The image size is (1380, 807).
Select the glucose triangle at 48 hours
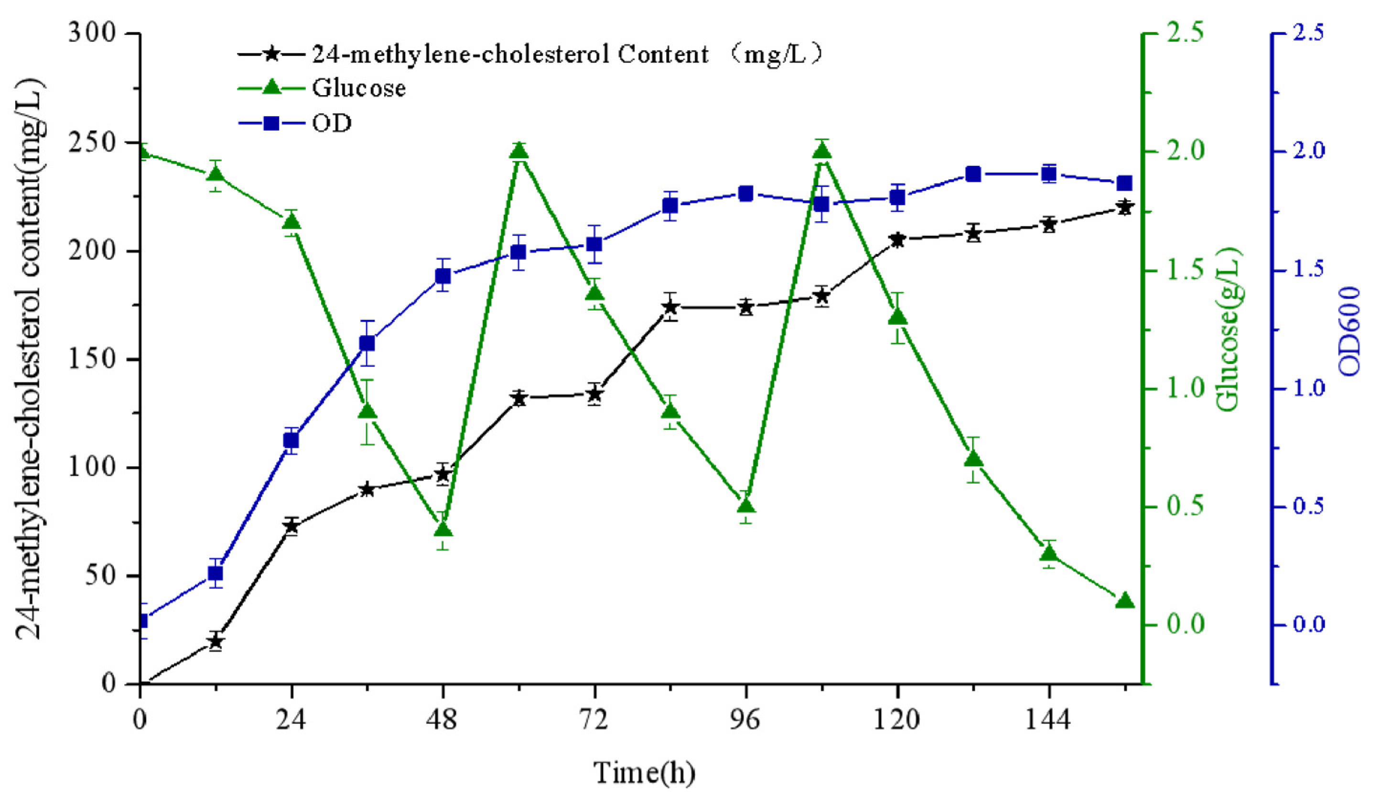(x=443, y=530)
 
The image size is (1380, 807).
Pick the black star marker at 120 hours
(x=897, y=240)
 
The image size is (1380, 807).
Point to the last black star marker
(x=1125, y=207)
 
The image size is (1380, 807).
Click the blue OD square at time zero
(x=142, y=621)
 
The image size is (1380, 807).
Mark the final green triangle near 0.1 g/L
(x=1125, y=601)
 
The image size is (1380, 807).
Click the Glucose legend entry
(x=359, y=88)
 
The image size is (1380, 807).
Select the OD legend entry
(x=331, y=123)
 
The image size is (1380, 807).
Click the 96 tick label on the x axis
(x=746, y=720)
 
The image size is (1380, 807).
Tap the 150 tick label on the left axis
(x=93, y=360)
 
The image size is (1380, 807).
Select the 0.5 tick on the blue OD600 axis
(x=1309, y=507)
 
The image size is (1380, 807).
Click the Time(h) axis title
(x=645, y=773)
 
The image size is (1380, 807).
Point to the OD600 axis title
(x=1349, y=331)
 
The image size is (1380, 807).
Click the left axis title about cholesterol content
(x=30, y=359)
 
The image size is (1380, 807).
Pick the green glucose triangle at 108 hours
(x=821, y=151)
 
